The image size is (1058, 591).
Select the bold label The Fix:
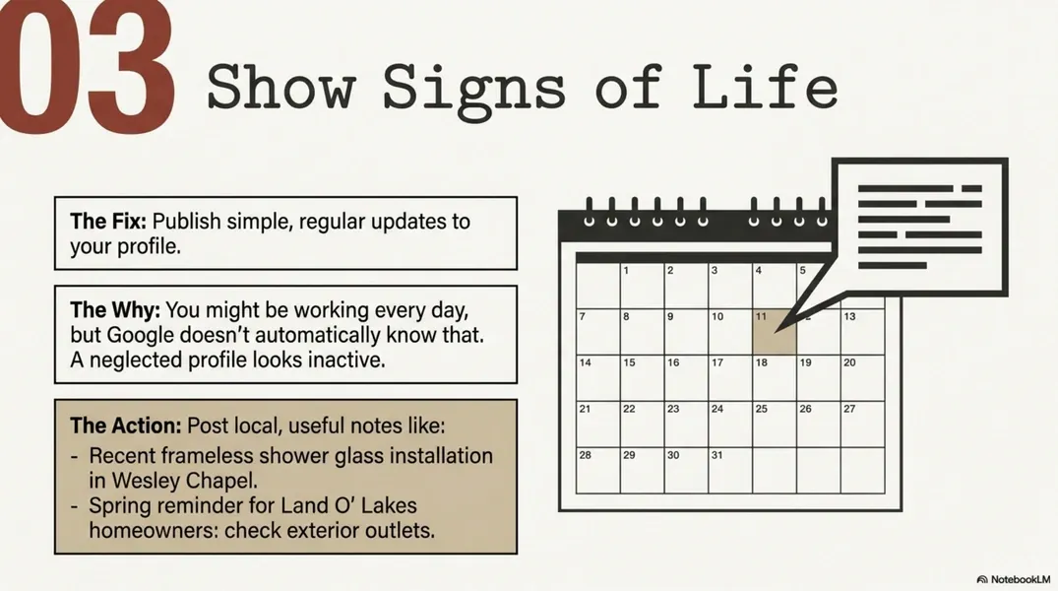click(x=108, y=221)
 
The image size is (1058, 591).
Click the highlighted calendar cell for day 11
click(x=774, y=331)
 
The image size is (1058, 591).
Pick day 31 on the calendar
click(x=729, y=470)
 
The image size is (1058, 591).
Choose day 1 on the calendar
click(x=641, y=286)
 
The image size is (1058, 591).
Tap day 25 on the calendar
click(x=774, y=424)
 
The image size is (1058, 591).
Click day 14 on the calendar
click(x=597, y=377)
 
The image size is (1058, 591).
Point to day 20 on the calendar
click(x=862, y=377)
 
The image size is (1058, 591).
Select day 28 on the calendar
click(x=597, y=470)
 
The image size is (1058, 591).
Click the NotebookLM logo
click(x=1015, y=578)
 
